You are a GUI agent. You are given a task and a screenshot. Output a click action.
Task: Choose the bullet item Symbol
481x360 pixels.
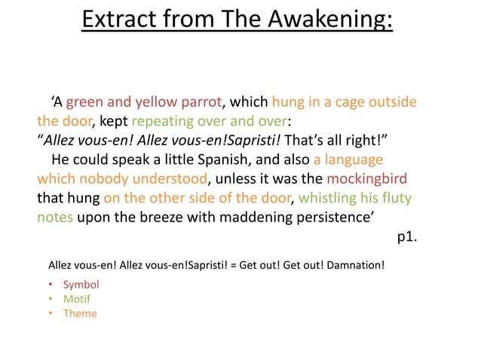pyautogui.click(x=81, y=285)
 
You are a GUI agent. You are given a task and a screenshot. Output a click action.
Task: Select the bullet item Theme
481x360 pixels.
pyautogui.click(x=80, y=313)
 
